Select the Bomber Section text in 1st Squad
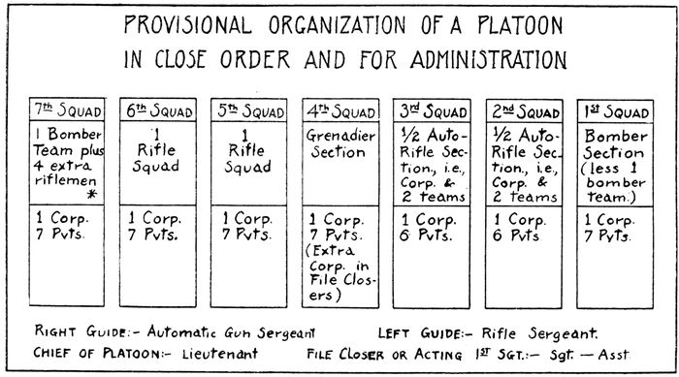coord(614,144)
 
